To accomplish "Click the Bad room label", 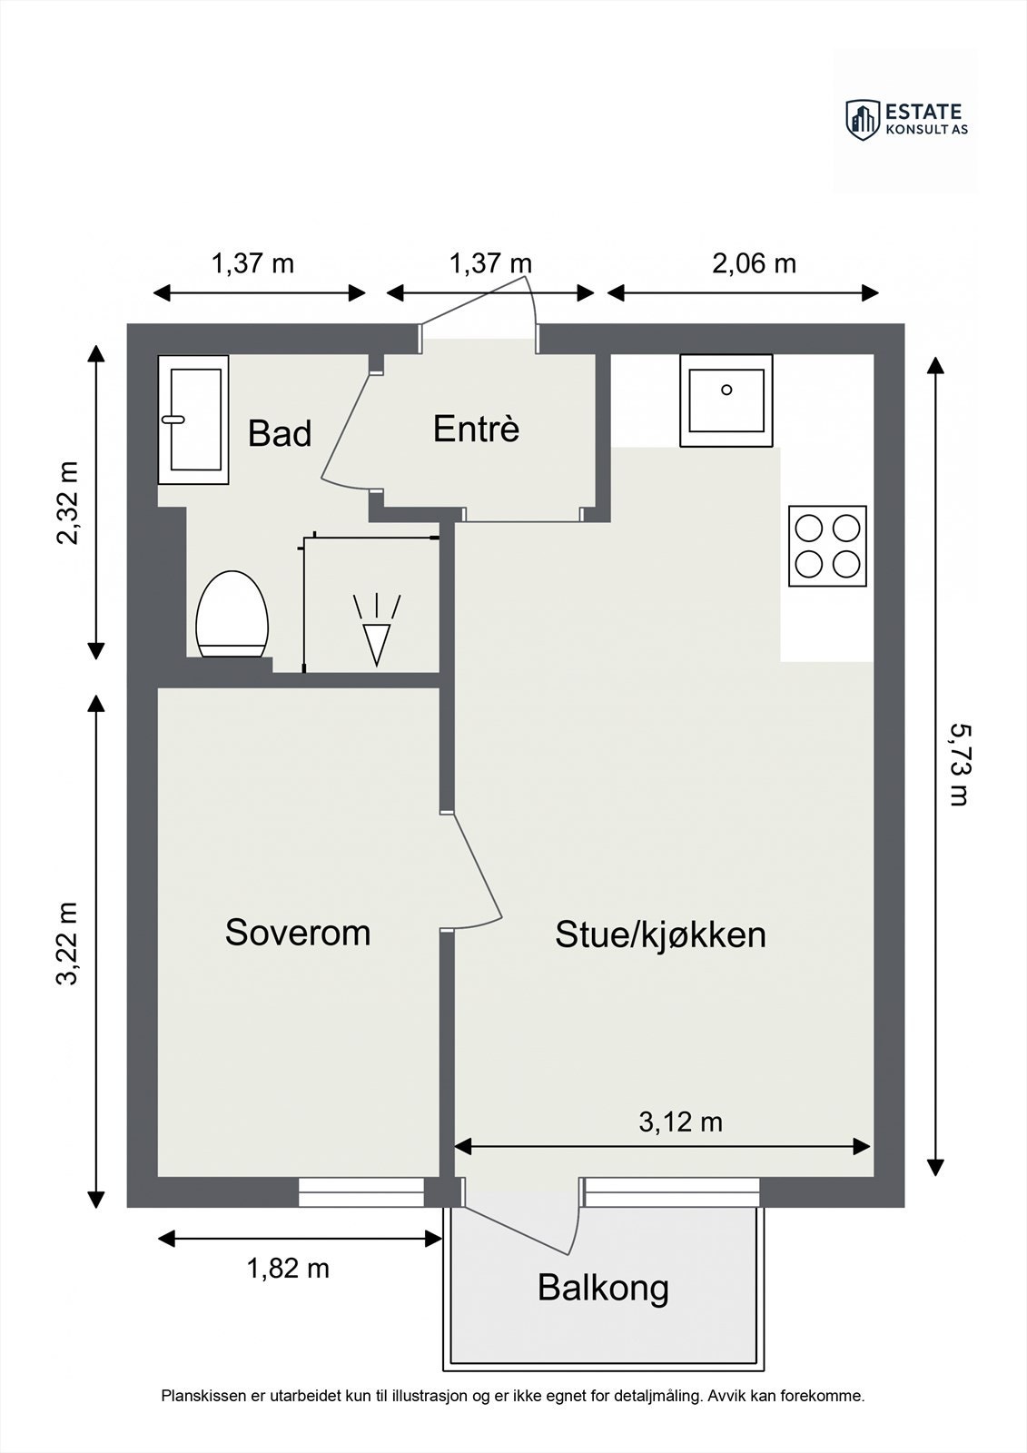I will point(280,434).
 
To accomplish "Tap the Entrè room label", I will point(476,429).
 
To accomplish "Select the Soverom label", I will point(298,933).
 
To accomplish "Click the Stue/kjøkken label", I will point(660,934).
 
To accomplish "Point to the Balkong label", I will point(603,1287).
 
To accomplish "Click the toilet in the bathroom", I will point(233,615).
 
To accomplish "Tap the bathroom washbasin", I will point(193,420).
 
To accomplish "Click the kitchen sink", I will point(726,400).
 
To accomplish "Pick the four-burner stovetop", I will point(827,546).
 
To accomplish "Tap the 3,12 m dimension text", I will point(680,1122).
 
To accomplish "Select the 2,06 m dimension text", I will point(754,263).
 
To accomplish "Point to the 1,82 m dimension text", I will point(288,1268).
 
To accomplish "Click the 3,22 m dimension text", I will point(69,943).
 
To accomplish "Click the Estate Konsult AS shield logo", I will point(863,119).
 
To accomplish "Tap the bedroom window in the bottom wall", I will point(361,1191).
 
